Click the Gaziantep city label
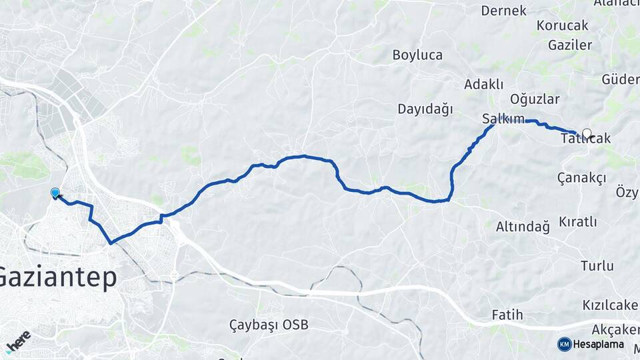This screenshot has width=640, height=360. pyautogui.click(x=59, y=277)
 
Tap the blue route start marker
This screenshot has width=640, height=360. pyautogui.click(x=55, y=193)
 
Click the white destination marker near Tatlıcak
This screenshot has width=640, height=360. pyautogui.click(x=587, y=133)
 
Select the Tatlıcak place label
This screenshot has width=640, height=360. pyautogui.click(x=585, y=139)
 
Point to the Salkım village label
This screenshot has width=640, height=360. pyautogui.click(x=503, y=119)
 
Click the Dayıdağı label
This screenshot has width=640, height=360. pyautogui.click(x=425, y=109)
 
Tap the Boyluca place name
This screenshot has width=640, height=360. pyautogui.click(x=417, y=55)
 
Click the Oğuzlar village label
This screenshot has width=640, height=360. pyautogui.click(x=535, y=99)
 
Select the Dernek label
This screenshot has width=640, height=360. pyautogui.click(x=504, y=11)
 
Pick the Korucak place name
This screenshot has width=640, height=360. pyautogui.click(x=562, y=25)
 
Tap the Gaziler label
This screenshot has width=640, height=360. pyautogui.click(x=570, y=45)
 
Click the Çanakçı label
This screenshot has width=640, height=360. pyautogui.click(x=581, y=177)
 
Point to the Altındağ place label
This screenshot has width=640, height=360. pyautogui.click(x=523, y=227)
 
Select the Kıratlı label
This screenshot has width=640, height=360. pyautogui.click(x=578, y=221)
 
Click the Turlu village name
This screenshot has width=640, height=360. pyautogui.click(x=597, y=266)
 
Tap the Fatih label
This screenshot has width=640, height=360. pyautogui.click(x=507, y=315)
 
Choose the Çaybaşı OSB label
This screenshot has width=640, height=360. pyautogui.click(x=269, y=325)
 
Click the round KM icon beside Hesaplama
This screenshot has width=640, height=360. pyautogui.click(x=565, y=344)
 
